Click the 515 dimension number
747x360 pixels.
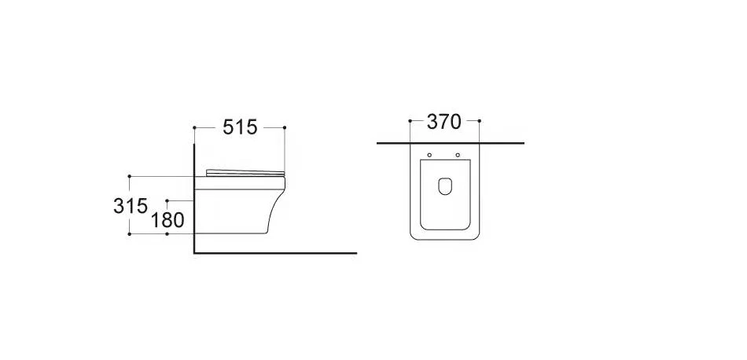(x=240, y=127)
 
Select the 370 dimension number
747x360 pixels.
(x=444, y=122)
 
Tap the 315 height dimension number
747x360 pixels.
(x=131, y=206)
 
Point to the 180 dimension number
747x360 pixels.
(x=167, y=220)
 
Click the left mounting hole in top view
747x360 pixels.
(x=429, y=155)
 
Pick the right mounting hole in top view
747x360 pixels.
(x=458, y=155)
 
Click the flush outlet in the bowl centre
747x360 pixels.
(x=445, y=186)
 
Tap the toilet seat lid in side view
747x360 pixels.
(x=245, y=172)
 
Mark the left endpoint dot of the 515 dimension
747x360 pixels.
(x=194, y=127)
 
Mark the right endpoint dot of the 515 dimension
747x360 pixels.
(x=285, y=127)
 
